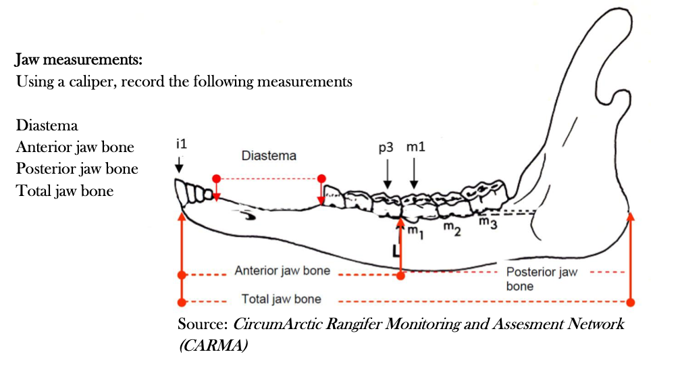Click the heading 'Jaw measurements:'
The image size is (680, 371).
coord(79,60)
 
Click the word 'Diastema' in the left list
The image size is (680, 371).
coord(47,126)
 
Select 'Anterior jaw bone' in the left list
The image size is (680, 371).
coord(75,147)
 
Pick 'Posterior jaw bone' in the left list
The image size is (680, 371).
coord(77,169)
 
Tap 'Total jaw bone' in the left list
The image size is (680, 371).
coord(65,191)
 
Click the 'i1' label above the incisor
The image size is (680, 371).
coord(180,145)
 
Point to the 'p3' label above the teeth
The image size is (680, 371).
coord(386,148)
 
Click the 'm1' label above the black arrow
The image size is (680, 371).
coord(415,148)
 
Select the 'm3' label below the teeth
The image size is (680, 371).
coord(488,222)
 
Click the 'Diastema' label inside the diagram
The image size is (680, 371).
coord(269,156)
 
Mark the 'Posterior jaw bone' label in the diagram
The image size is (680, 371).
coord(542,278)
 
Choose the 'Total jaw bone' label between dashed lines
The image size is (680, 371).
coord(282,299)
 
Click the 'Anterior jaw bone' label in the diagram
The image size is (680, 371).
coord(282,271)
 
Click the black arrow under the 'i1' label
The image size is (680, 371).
coord(180,164)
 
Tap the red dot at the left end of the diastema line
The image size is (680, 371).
coord(216,178)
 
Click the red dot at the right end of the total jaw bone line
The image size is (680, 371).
coord(631,301)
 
